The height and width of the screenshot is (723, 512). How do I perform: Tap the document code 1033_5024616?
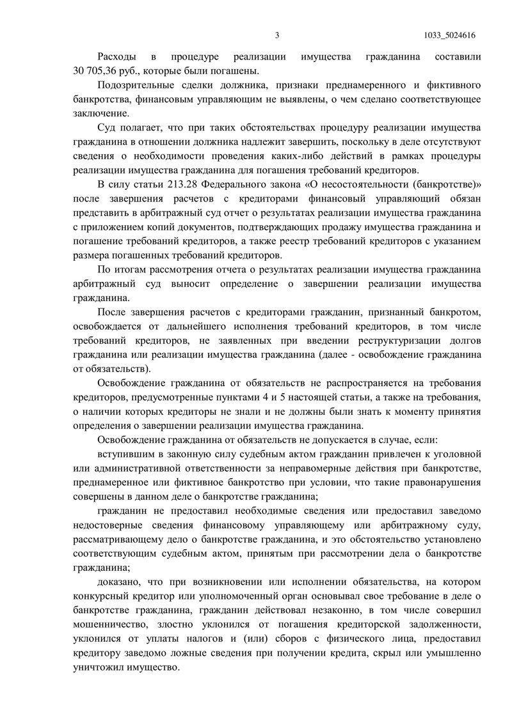pyautogui.click(x=452, y=36)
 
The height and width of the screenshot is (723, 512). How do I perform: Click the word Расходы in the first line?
pyautogui.click(x=116, y=57)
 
